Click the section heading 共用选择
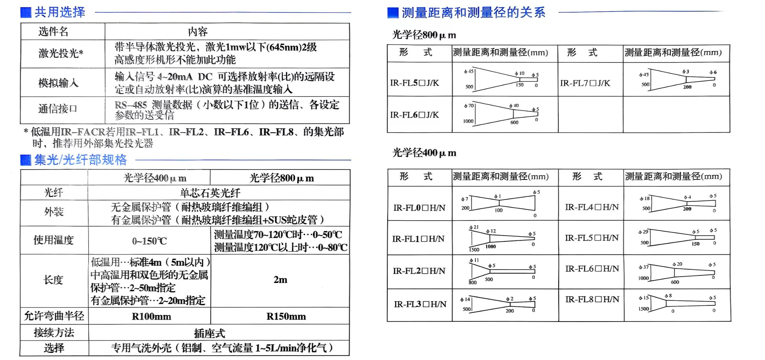tap(60, 12)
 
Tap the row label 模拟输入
tap(58, 83)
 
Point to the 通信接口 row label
tap(58, 109)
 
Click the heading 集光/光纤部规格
tap(80, 160)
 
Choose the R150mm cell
tap(286, 316)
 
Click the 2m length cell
tap(280, 280)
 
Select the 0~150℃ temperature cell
tap(149, 240)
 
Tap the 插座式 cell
tap(210, 333)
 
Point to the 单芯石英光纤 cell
tap(210, 193)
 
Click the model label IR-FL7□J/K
tap(585, 83)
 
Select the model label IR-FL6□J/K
tap(415, 115)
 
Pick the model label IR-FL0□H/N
tap(419, 208)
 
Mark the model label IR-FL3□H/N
tap(420, 304)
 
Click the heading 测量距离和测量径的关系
tap(473, 13)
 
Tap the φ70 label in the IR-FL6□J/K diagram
tap(469, 106)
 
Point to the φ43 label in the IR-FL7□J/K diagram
tap(644, 75)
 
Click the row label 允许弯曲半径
tap(54, 316)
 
